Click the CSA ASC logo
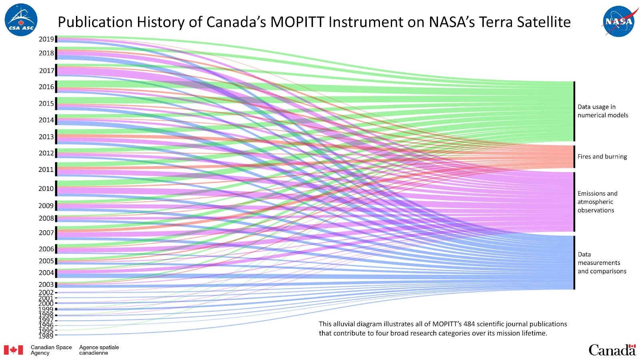point(21,20)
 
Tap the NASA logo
point(618,21)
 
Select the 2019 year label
point(46,39)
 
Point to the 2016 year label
point(46,87)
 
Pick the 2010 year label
point(46,188)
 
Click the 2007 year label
point(46,233)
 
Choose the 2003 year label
point(46,285)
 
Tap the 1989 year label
point(46,336)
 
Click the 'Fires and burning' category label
point(602,157)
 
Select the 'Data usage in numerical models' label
point(602,111)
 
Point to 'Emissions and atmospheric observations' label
point(597,202)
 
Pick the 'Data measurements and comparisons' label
point(602,263)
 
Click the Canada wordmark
point(612,350)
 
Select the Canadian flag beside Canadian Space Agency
point(14,350)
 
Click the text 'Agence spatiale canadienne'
point(99,350)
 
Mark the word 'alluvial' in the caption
point(345,324)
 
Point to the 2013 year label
point(46,137)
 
